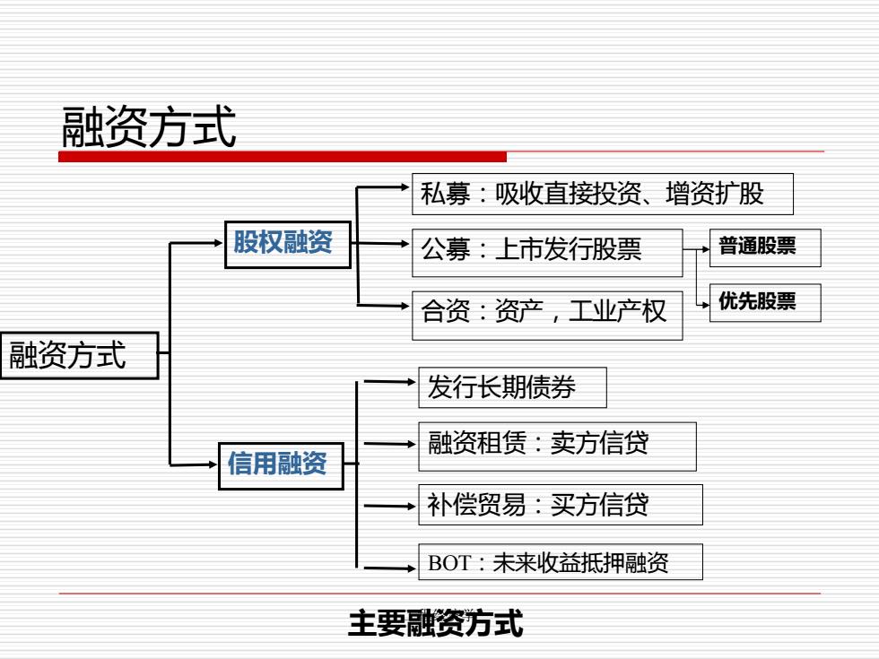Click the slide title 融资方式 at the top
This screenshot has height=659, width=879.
(x=149, y=127)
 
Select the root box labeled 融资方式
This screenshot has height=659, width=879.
(x=80, y=355)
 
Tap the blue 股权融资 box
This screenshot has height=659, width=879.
(x=288, y=244)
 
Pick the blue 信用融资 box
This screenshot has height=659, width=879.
(x=281, y=465)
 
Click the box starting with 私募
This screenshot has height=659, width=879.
(x=603, y=194)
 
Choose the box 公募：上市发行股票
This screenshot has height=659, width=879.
(x=547, y=252)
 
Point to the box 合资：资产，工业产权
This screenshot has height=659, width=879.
(x=547, y=315)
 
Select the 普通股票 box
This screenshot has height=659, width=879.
(x=765, y=247)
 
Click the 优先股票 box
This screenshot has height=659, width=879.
(x=765, y=303)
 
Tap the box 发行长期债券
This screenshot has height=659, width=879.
(x=512, y=387)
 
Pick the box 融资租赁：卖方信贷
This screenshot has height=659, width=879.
(x=557, y=447)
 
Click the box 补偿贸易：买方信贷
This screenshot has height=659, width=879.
(x=561, y=504)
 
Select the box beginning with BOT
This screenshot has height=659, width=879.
(x=561, y=561)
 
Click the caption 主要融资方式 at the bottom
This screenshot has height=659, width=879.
(x=436, y=623)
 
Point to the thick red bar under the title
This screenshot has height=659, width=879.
(x=283, y=157)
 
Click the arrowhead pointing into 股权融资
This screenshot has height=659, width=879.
(x=219, y=243)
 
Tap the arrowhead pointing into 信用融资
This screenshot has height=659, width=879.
(x=213, y=464)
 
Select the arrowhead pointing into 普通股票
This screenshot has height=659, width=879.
(x=706, y=249)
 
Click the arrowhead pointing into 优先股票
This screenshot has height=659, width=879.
(x=706, y=305)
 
